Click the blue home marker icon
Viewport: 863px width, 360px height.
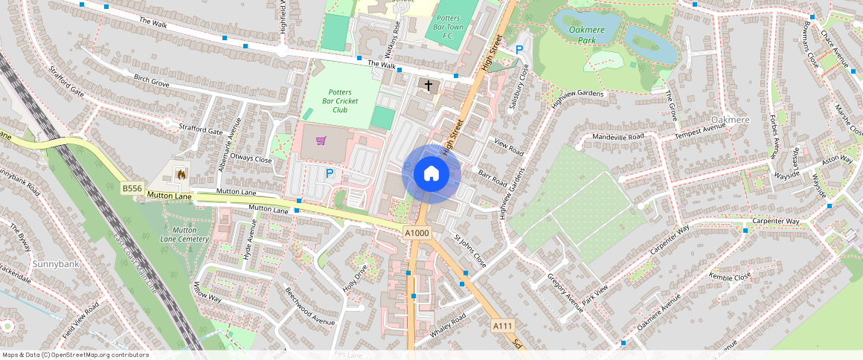click(x=431, y=174)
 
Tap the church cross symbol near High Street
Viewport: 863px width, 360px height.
click(x=428, y=86)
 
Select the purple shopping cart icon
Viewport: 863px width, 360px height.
click(x=321, y=141)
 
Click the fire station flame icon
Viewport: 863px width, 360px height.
click(x=180, y=174)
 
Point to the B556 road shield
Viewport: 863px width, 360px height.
click(x=132, y=189)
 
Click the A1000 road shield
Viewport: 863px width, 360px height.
click(x=417, y=233)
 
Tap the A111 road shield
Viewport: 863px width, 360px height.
click(x=502, y=326)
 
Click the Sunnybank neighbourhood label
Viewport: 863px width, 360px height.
click(x=51, y=264)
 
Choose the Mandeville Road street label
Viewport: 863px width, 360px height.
click(x=617, y=138)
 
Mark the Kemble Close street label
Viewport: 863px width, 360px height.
click(x=730, y=277)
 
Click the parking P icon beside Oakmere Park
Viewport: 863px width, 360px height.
click(x=519, y=50)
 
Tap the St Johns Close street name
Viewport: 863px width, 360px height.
click(x=469, y=252)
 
